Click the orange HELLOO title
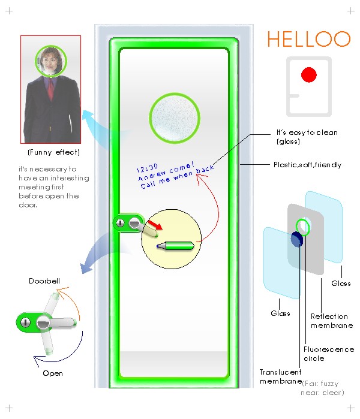(x=308, y=39)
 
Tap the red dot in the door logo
(x=308, y=75)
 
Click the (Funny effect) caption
(x=53, y=152)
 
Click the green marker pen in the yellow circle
(x=176, y=245)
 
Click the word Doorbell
(x=44, y=281)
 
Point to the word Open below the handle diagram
(x=53, y=373)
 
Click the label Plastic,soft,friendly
(x=307, y=164)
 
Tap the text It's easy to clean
(x=307, y=132)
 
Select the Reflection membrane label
(x=332, y=321)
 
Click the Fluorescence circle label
(x=329, y=354)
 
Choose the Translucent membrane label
(x=280, y=376)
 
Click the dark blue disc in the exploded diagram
(x=296, y=239)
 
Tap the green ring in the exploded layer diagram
(x=303, y=227)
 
